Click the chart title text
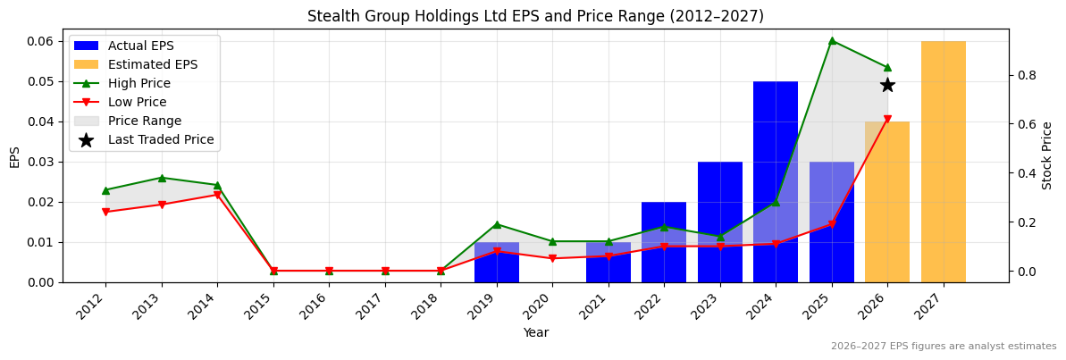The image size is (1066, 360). [535, 16]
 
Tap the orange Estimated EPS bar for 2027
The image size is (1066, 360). [943, 161]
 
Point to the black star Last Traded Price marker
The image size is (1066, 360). [887, 85]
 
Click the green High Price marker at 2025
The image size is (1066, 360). [832, 40]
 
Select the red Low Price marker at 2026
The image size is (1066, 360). [887, 119]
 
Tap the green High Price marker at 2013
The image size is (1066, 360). [162, 178]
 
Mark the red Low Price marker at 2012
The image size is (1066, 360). [105, 212]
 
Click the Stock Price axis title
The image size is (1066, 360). [1047, 155]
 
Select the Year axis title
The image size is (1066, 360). [535, 333]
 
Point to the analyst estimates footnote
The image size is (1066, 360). [943, 347]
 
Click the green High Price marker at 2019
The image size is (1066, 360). [497, 224]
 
